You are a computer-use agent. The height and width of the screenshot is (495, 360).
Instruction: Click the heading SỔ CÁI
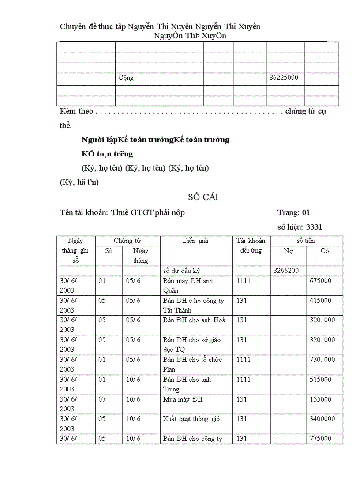(x=203, y=197)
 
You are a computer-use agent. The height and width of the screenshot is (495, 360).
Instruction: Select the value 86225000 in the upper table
(x=284, y=78)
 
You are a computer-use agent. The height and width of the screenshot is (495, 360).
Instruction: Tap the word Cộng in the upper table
(x=126, y=78)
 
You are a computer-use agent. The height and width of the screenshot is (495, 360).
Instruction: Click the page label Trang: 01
(x=293, y=212)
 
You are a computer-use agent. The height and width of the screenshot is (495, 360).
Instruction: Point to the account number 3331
(x=314, y=227)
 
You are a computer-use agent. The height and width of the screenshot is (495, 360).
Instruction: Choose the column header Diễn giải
(x=195, y=241)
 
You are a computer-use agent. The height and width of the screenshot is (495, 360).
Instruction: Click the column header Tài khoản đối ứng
(x=251, y=246)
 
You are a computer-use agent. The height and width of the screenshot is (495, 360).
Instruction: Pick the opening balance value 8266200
(x=286, y=271)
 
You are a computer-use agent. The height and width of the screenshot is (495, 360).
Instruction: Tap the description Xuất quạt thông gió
(x=191, y=419)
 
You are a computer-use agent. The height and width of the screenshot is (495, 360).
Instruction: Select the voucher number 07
(x=102, y=399)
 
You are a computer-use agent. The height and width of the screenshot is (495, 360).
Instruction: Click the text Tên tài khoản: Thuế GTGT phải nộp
(x=122, y=212)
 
